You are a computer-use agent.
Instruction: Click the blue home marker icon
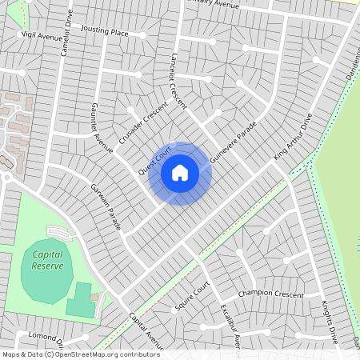tap(180, 173)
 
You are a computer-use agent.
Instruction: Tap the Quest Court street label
tap(155, 161)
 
